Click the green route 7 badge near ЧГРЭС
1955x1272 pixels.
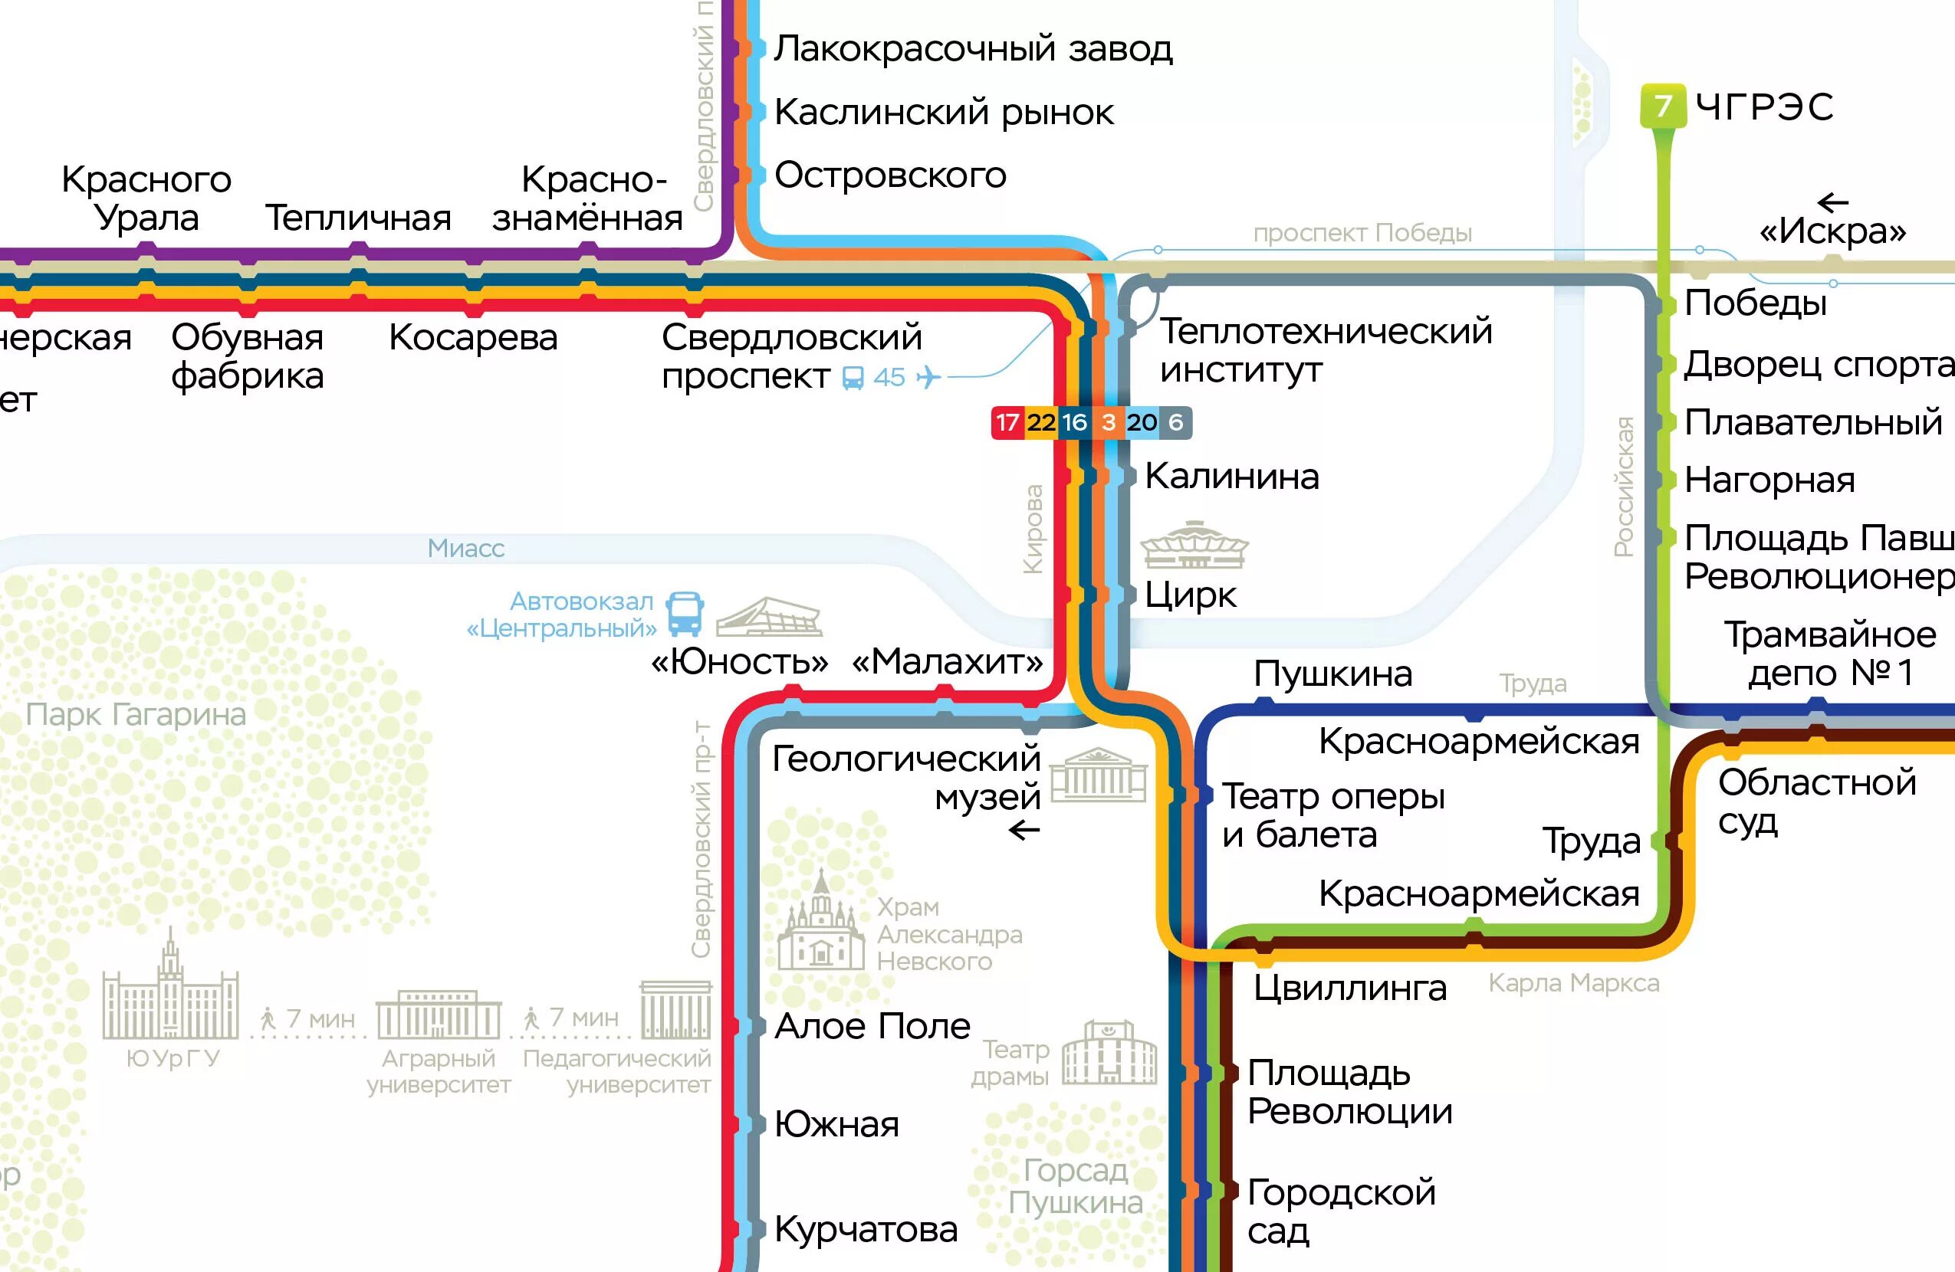tap(1663, 106)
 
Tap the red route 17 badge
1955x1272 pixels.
tap(1008, 423)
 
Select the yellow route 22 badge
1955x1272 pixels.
tap(1041, 423)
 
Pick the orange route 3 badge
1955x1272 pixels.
tap(1108, 423)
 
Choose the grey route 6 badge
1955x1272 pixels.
tap(1175, 423)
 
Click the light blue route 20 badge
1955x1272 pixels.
tap(1142, 423)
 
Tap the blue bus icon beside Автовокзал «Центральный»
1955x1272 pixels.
tap(684, 615)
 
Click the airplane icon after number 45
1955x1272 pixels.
tap(928, 378)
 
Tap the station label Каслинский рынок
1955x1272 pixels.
tap(944, 113)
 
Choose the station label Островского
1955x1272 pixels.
tap(890, 175)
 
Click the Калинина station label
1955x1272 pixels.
tap(1232, 477)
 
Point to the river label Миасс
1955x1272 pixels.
tap(466, 549)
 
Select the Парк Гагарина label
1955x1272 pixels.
tap(136, 714)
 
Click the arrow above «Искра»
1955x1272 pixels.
tap(1832, 202)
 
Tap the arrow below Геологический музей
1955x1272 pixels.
tap(1024, 831)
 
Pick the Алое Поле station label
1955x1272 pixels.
tap(872, 1027)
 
